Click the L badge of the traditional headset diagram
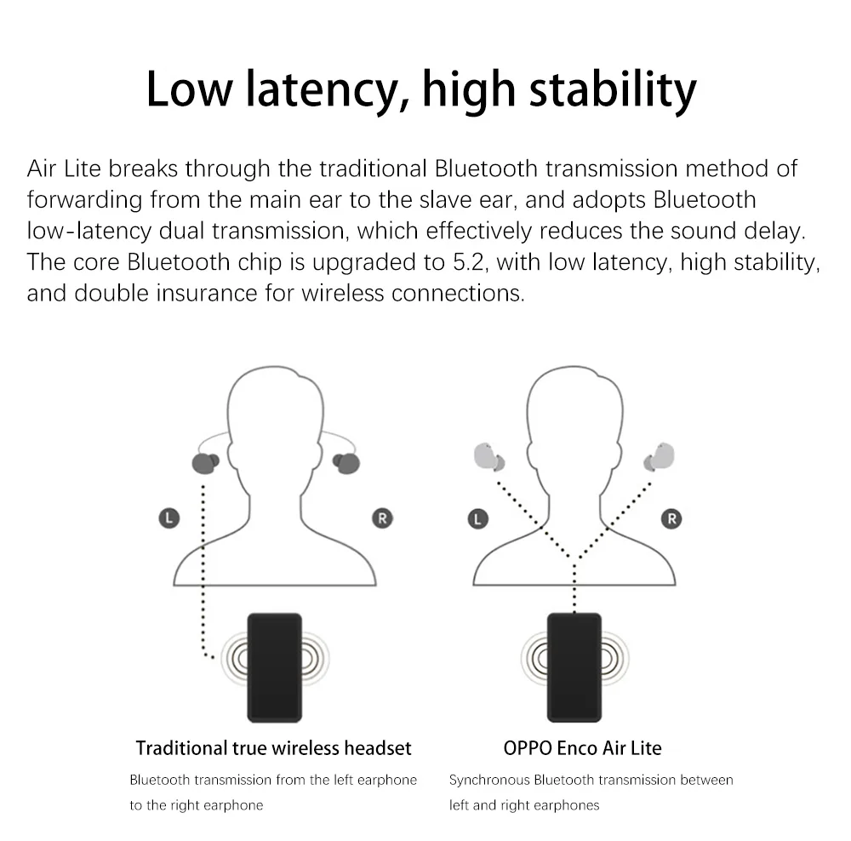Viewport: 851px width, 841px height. (x=169, y=517)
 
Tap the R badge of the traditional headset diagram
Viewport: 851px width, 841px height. (x=382, y=517)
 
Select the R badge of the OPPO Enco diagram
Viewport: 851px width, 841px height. (x=672, y=517)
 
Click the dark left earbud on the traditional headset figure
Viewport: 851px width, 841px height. (x=205, y=463)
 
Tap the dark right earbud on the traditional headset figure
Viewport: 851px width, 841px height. (x=346, y=463)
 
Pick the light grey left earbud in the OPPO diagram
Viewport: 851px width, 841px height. (x=488, y=458)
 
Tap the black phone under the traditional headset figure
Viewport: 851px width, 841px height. (x=274, y=667)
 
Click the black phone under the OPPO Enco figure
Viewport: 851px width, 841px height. (x=574, y=667)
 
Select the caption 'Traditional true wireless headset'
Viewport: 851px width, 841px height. (x=273, y=748)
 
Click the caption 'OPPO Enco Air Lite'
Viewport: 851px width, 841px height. (x=582, y=748)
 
